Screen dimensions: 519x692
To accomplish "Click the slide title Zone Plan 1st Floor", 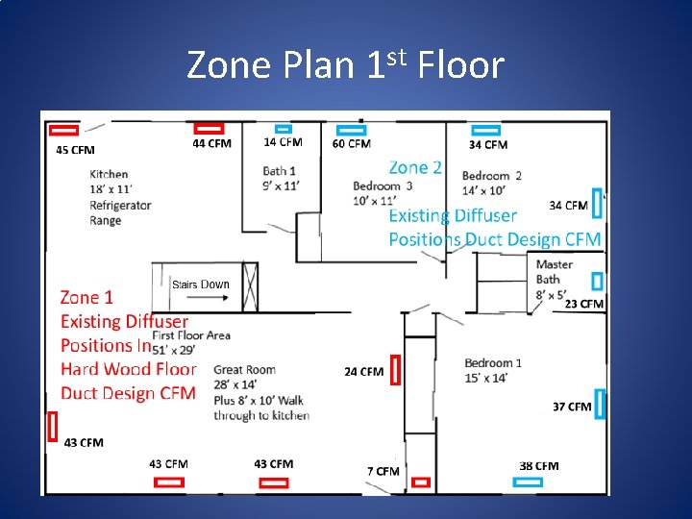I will click(345, 65).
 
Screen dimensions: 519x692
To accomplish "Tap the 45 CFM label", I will click(75, 150).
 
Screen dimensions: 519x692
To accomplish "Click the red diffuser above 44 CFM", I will click(209, 128).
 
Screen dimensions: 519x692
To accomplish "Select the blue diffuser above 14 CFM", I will click(283, 128).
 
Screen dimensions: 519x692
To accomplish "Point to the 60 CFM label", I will click(351, 144).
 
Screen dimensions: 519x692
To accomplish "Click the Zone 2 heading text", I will click(415, 167).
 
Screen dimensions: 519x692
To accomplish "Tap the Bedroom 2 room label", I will click(491, 176).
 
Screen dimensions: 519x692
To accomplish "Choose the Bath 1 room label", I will click(279, 171).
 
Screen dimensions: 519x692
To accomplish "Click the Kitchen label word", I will click(109, 174).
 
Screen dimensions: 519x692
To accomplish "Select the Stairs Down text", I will click(200, 284).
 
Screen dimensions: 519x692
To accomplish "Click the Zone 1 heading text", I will click(86, 298).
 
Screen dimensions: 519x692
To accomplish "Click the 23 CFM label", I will click(583, 304).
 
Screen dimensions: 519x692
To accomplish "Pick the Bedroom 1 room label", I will click(493, 362).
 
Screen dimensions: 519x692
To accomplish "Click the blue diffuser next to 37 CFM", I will click(600, 404).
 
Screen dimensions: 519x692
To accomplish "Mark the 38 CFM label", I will click(538, 466).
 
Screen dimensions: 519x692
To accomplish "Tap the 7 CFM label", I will click(383, 471).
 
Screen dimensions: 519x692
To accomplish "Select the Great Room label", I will click(244, 370).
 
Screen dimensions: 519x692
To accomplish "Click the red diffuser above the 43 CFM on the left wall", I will click(53, 426).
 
